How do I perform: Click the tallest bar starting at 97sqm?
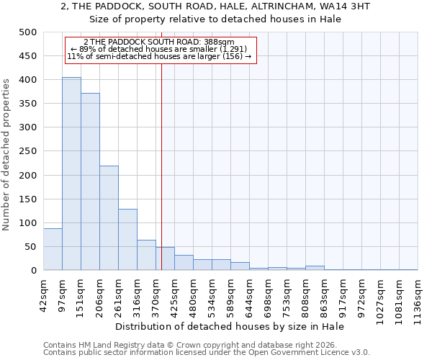[71, 174]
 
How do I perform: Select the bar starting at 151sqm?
[90, 181]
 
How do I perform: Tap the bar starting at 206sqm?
[109, 218]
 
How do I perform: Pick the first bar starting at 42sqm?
[53, 249]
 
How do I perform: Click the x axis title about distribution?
[230, 327]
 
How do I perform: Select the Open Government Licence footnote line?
[207, 353]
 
